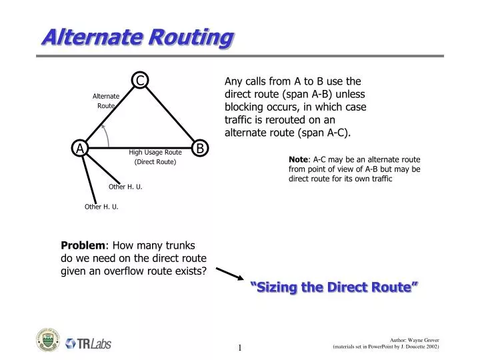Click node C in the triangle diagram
[141, 81]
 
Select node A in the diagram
[80, 148]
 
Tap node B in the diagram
[199, 148]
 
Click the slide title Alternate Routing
[137, 38]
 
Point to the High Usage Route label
[155, 152]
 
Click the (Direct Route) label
[155, 162]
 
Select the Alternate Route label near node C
[106, 101]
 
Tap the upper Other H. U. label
[125, 187]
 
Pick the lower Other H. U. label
[101, 207]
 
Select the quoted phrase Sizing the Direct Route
[335, 287]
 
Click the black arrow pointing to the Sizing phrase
[230, 274]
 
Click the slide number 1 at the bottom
[239, 347]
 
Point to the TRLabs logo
[88, 343]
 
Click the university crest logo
[47, 340]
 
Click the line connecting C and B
[169, 114]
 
